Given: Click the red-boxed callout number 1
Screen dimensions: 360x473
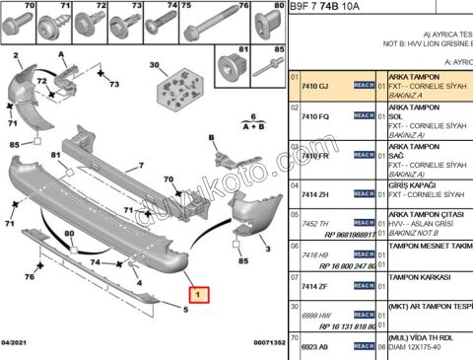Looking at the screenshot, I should coord(199,293).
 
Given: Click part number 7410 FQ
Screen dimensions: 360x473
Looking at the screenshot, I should coord(315,116).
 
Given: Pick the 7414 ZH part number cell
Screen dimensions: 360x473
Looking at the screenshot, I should coord(315,195).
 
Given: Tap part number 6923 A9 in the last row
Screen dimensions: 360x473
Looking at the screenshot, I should coord(315,348).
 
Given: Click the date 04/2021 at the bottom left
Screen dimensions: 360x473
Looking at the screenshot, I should coord(18,342).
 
